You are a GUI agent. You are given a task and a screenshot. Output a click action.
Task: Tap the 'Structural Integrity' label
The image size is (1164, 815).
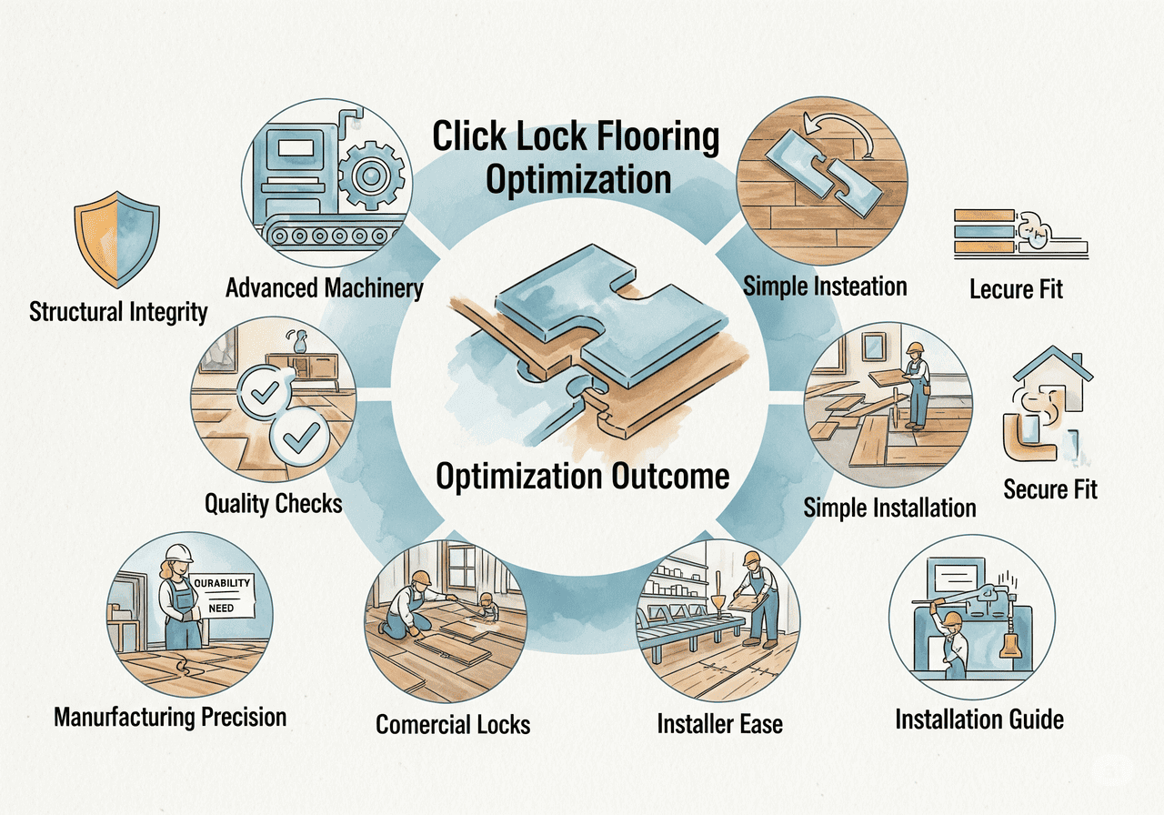[x=118, y=312]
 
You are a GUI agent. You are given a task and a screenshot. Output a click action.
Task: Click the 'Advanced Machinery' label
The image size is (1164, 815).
[x=325, y=288]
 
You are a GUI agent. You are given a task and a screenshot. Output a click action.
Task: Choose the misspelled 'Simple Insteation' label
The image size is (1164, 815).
[x=825, y=287]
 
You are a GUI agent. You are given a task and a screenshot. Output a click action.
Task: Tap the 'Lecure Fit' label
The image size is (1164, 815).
[x=1016, y=290]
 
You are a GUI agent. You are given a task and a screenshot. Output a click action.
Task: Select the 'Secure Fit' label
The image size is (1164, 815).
[x=1050, y=489]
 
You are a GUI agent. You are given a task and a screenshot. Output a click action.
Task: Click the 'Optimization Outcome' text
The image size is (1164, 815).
[x=582, y=476]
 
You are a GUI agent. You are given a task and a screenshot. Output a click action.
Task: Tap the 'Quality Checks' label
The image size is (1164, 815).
[x=273, y=503]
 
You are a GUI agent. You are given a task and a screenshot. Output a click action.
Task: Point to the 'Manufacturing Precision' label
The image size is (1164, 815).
[x=170, y=716]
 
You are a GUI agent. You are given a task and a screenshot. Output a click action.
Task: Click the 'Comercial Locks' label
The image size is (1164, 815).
[x=453, y=724]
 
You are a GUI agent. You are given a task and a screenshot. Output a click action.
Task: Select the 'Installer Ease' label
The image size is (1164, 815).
[x=719, y=724]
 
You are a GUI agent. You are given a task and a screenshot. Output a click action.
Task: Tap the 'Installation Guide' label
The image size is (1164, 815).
[x=979, y=719]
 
